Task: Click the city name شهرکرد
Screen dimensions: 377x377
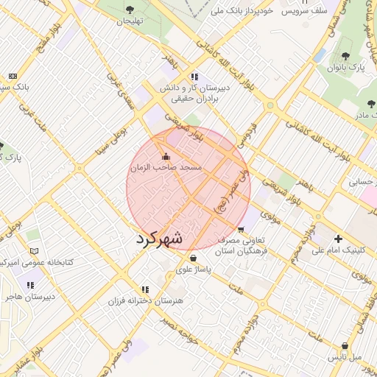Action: pyautogui.click(x=159, y=239)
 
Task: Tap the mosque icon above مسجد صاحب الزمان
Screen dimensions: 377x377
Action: pyautogui.click(x=165, y=156)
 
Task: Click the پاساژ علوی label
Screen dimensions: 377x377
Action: pyautogui.click(x=194, y=270)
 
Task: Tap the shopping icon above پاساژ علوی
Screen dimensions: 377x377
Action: pyautogui.click(x=193, y=258)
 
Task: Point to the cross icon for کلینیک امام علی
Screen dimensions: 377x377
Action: pyautogui.click(x=338, y=239)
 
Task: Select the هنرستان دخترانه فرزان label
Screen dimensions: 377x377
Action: pyautogui.click(x=144, y=301)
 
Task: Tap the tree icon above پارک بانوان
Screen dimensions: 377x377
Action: pyautogui.click(x=347, y=56)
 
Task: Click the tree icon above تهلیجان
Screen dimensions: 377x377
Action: pyautogui.click(x=130, y=10)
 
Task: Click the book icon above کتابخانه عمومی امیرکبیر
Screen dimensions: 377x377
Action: pyautogui.click(x=33, y=250)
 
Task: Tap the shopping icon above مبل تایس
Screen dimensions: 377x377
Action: pyautogui.click(x=345, y=346)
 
